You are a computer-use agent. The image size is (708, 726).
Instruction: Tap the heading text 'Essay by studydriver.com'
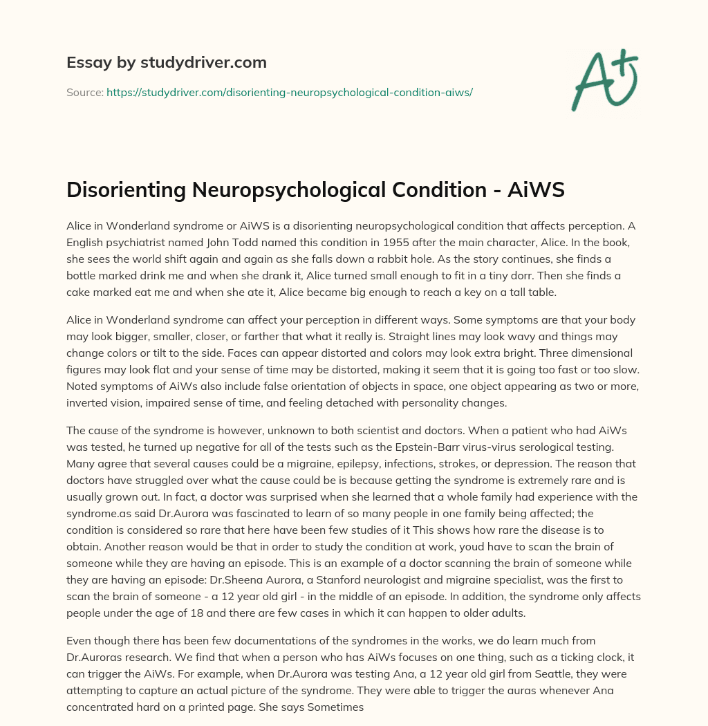(x=167, y=63)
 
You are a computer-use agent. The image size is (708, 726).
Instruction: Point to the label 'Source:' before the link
(x=84, y=92)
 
